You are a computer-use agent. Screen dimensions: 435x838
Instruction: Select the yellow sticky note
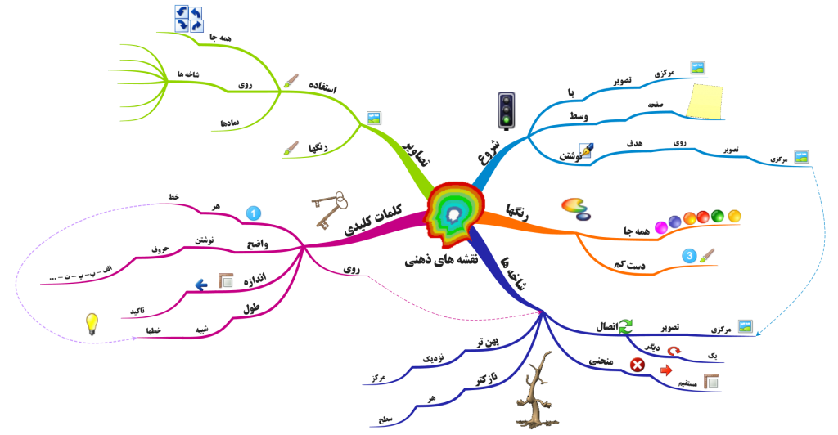click(x=705, y=101)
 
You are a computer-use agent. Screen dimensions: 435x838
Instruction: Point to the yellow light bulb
click(x=92, y=324)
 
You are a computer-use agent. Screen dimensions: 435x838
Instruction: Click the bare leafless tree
click(x=536, y=391)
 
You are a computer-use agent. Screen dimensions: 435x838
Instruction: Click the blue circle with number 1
click(x=254, y=214)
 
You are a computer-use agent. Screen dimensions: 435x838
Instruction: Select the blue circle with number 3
click(x=690, y=256)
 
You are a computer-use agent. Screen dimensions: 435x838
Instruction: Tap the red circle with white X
click(x=638, y=365)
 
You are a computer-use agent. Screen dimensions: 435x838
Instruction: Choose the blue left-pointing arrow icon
click(x=201, y=284)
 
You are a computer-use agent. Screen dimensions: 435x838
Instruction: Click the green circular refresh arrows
click(x=625, y=325)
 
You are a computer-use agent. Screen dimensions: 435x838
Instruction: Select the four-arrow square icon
click(x=189, y=19)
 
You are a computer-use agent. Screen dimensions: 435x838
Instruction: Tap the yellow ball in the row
click(x=735, y=216)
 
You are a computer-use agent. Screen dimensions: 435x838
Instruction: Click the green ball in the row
click(x=718, y=217)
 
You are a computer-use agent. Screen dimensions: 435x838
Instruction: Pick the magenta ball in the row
click(x=662, y=226)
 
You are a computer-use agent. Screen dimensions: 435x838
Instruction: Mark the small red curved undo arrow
click(x=673, y=350)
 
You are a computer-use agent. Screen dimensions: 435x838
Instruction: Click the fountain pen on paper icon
click(x=586, y=150)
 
